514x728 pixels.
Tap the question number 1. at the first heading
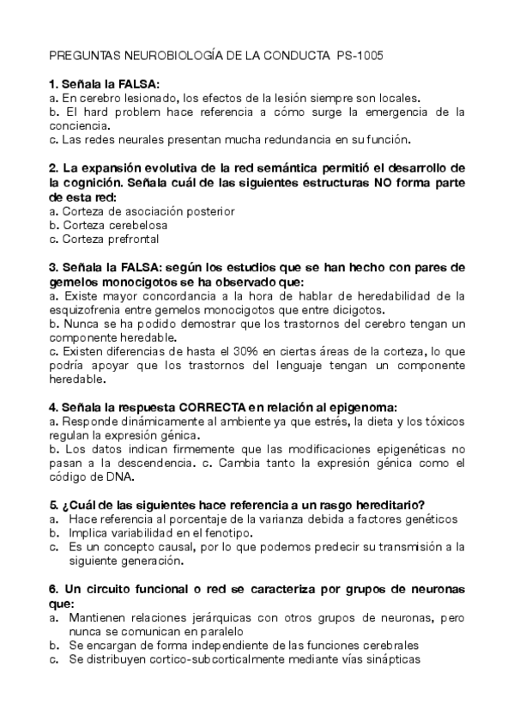(54, 84)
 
